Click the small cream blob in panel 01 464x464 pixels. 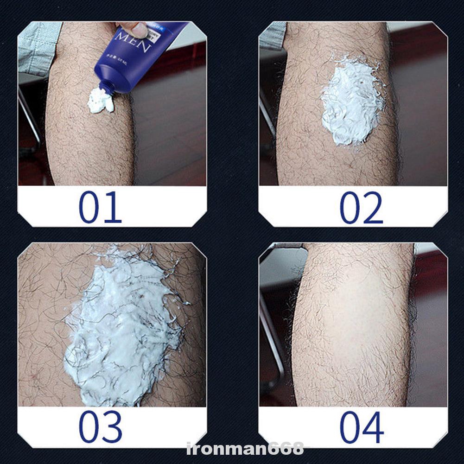click(x=100, y=102)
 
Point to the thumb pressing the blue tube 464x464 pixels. click(x=139, y=30)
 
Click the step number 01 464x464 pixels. click(x=100, y=207)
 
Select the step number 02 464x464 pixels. click(x=361, y=207)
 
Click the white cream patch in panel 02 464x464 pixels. click(x=352, y=102)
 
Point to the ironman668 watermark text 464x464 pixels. click(x=245, y=449)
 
